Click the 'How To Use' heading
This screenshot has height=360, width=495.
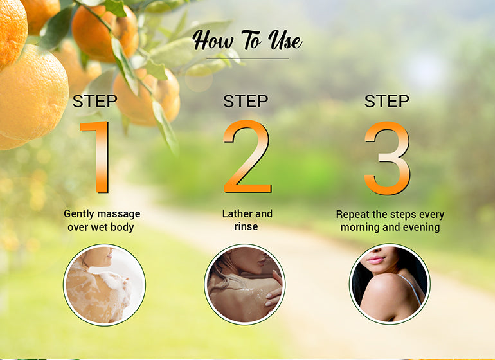point(248,40)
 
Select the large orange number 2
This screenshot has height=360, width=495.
point(248,157)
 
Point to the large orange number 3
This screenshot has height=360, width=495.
point(388,158)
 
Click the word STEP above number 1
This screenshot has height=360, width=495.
point(94,101)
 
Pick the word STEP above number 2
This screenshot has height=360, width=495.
point(246,101)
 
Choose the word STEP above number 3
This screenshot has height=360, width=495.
point(387,101)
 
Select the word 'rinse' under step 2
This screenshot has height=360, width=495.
point(246,226)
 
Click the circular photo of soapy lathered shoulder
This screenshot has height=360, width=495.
point(105,285)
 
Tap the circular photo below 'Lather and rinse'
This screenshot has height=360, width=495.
point(245,284)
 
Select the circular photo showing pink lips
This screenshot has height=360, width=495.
point(390,284)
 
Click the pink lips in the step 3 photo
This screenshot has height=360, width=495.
point(376,260)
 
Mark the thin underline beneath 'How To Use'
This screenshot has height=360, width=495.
point(248,59)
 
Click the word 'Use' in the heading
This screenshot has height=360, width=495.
point(285,40)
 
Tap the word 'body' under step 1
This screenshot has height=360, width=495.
point(122,227)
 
